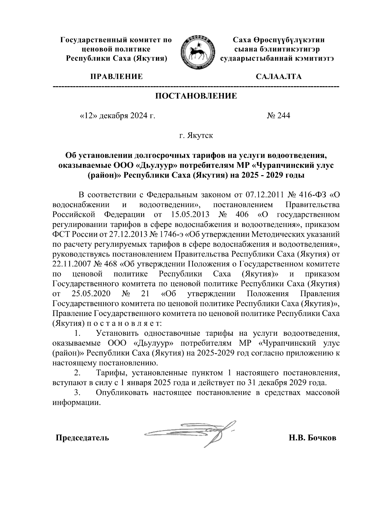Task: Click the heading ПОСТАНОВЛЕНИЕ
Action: click(196, 96)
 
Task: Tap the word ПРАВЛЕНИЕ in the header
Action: click(116, 76)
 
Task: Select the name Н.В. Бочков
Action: click(312, 438)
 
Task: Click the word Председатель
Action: click(82, 438)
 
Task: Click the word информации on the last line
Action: click(76, 402)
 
